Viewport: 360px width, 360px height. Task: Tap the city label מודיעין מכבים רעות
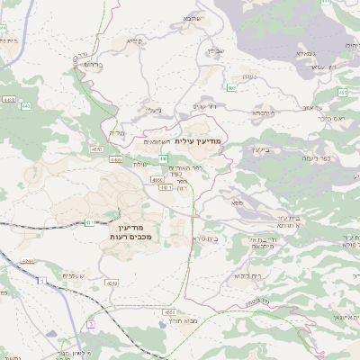[x=133, y=231]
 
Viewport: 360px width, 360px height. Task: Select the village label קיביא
[x=135, y=40]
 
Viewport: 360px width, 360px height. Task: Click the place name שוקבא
[x=194, y=18]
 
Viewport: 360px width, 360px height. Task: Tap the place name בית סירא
[x=206, y=240]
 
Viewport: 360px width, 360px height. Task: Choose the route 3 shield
[x=90, y=323]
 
